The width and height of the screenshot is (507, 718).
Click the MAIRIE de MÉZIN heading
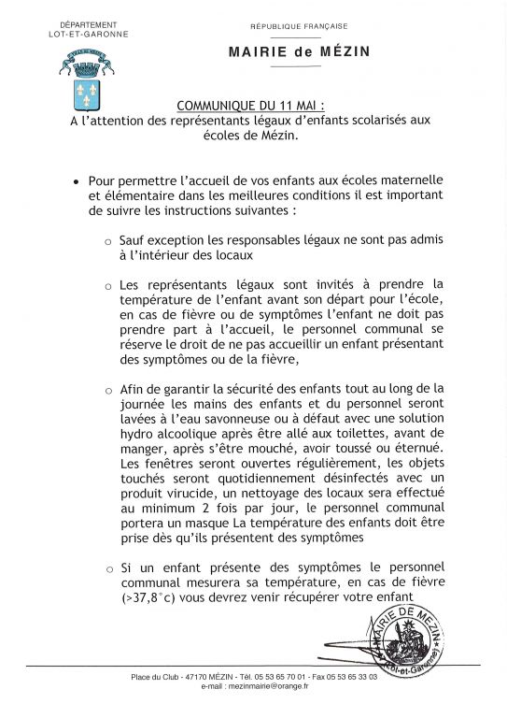point(299,52)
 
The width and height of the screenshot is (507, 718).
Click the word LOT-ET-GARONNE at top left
point(87,34)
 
